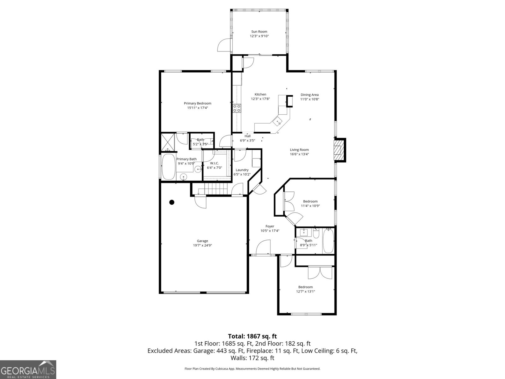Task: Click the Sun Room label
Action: pyautogui.click(x=259, y=32)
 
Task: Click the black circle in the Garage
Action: pyautogui.click(x=172, y=202)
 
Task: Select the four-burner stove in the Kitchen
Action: pyautogui.click(x=237, y=108)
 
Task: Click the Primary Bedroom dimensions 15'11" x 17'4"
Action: pyautogui.click(x=197, y=108)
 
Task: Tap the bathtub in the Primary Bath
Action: pyautogui.click(x=168, y=167)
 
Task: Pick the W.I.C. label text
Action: pyautogui.click(x=214, y=163)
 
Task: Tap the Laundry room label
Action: pyautogui.click(x=242, y=170)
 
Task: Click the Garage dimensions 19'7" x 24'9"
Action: pyautogui.click(x=202, y=245)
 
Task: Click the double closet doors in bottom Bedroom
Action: pyautogui.click(x=320, y=272)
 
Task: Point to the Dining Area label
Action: pyautogui.click(x=309, y=95)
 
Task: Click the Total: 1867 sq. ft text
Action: pyautogui.click(x=252, y=336)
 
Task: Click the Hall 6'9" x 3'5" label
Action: pyautogui.click(x=247, y=138)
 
